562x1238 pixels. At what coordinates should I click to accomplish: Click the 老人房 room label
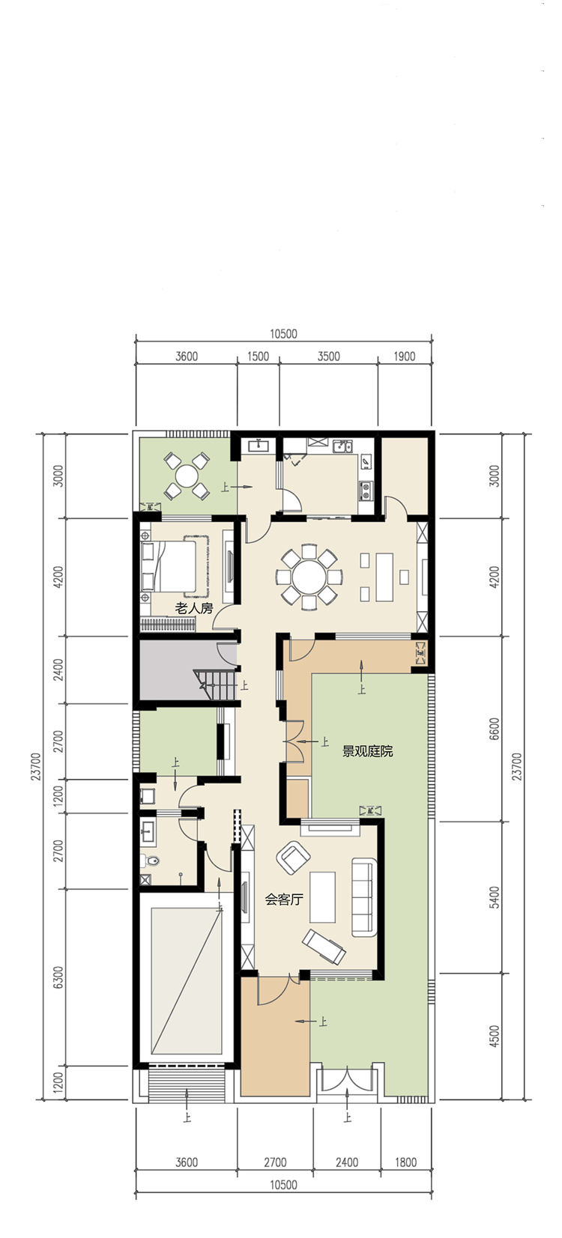pyautogui.click(x=193, y=608)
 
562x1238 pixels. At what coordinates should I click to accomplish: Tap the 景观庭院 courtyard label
pyautogui.click(x=367, y=751)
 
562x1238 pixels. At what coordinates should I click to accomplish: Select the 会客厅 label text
pyautogui.click(x=284, y=899)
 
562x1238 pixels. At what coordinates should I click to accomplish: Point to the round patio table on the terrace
pyautogui.click(x=187, y=476)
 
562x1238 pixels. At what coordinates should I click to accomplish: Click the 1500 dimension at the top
pyautogui.click(x=259, y=356)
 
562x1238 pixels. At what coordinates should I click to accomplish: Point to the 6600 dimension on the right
pyautogui.click(x=495, y=729)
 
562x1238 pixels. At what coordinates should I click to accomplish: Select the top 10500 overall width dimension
pyautogui.click(x=284, y=333)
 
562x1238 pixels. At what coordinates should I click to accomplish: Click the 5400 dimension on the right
pyautogui.click(x=495, y=897)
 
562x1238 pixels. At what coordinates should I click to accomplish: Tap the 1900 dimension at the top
pyautogui.click(x=405, y=356)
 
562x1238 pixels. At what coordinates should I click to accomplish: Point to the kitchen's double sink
pyautogui.click(x=343, y=446)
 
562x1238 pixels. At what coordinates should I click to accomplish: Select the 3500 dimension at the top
pyautogui.click(x=328, y=356)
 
